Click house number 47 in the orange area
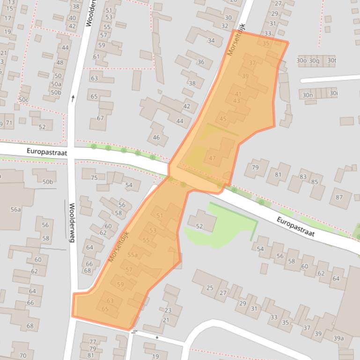click(x=213, y=158)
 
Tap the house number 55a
click(x=132, y=255)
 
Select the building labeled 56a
click(x=16, y=210)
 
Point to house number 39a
click(x=338, y=338)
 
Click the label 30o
click(x=301, y=60)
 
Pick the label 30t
click(x=331, y=60)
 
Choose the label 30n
click(x=308, y=95)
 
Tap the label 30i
click(x=333, y=94)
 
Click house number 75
click(x=94, y=178)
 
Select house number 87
click(x=339, y=197)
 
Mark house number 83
click(x=303, y=177)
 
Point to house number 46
click(x=156, y=137)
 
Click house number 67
click(x=100, y=118)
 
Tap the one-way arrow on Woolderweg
click(x=73, y=98)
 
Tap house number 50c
click(x=23, y=100)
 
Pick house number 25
click(x=210, y=288)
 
